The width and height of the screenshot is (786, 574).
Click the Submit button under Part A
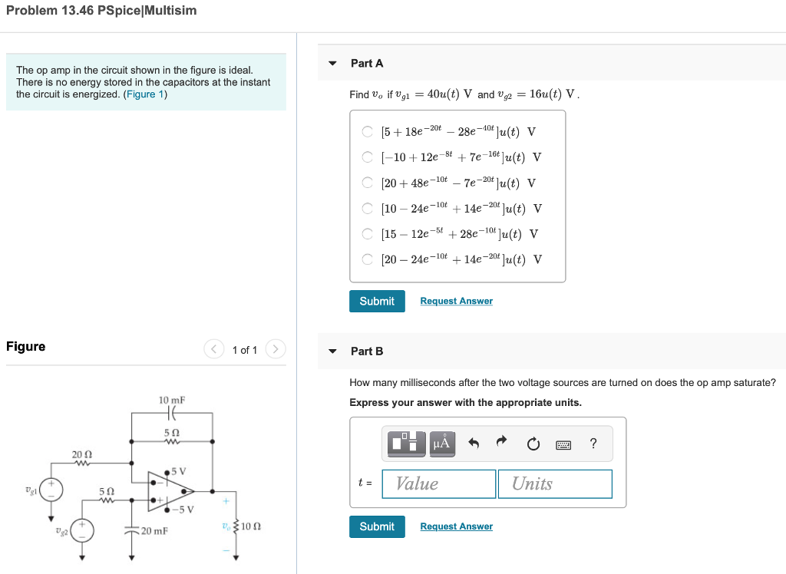pos(377,301)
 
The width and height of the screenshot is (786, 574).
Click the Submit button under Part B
pos(377,526)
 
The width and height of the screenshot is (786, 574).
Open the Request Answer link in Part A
pos(456,301)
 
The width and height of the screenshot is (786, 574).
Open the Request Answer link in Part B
pos(456,526)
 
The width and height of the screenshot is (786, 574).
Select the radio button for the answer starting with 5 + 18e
pos(368,131)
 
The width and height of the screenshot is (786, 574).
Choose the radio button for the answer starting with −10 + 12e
pos(368,157)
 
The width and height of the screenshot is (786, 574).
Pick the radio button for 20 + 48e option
pos(368,183)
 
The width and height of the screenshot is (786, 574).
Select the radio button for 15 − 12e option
pos(368,234)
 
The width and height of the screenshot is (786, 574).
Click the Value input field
pos(439,483)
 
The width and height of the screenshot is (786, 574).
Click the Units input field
pos(555,483)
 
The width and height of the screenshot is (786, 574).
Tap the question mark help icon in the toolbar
pos(593,444)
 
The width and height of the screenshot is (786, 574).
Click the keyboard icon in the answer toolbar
pos(563,444)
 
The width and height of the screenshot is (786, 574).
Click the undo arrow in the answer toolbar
pos(474,443)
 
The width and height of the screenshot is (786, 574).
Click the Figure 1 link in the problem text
pos(145,94)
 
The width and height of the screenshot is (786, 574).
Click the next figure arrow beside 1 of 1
pos(275,350)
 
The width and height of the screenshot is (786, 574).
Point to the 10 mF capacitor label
pos(172,400)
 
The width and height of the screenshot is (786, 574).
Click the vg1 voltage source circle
pos(52,489)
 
